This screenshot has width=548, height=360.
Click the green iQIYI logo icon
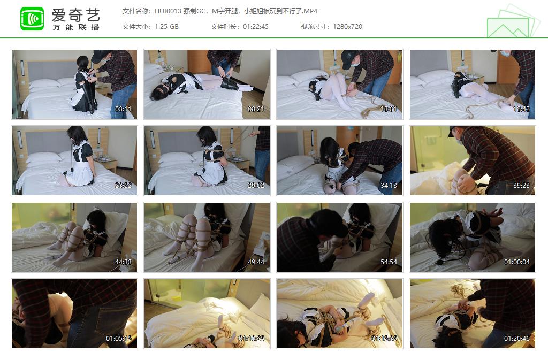32,19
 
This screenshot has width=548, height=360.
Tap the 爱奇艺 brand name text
75,14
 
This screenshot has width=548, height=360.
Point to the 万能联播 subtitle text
75,27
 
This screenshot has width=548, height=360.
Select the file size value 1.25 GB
166,26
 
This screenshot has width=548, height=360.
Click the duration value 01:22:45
255,26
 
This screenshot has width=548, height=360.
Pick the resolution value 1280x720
347,26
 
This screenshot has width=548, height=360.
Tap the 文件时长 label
224,26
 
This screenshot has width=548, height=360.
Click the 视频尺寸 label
314,26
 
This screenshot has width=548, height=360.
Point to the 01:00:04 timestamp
517,262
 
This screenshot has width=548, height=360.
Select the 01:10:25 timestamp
252,338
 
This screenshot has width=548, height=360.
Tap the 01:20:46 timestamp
517,338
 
